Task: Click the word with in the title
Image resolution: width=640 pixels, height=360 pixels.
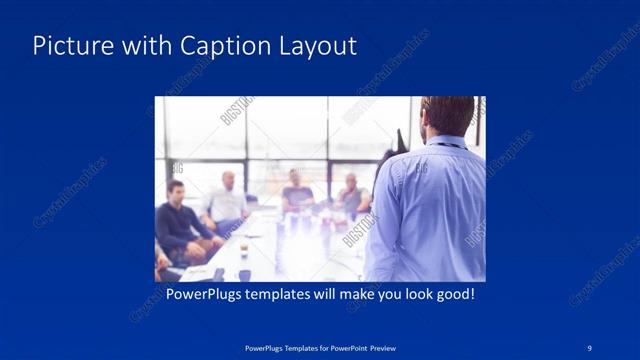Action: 146,46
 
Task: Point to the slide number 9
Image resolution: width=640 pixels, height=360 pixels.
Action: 590,347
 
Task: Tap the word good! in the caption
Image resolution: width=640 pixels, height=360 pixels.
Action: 453,296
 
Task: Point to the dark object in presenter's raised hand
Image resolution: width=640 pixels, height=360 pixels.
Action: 400,140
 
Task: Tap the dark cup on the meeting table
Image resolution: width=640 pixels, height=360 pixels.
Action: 242,250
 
